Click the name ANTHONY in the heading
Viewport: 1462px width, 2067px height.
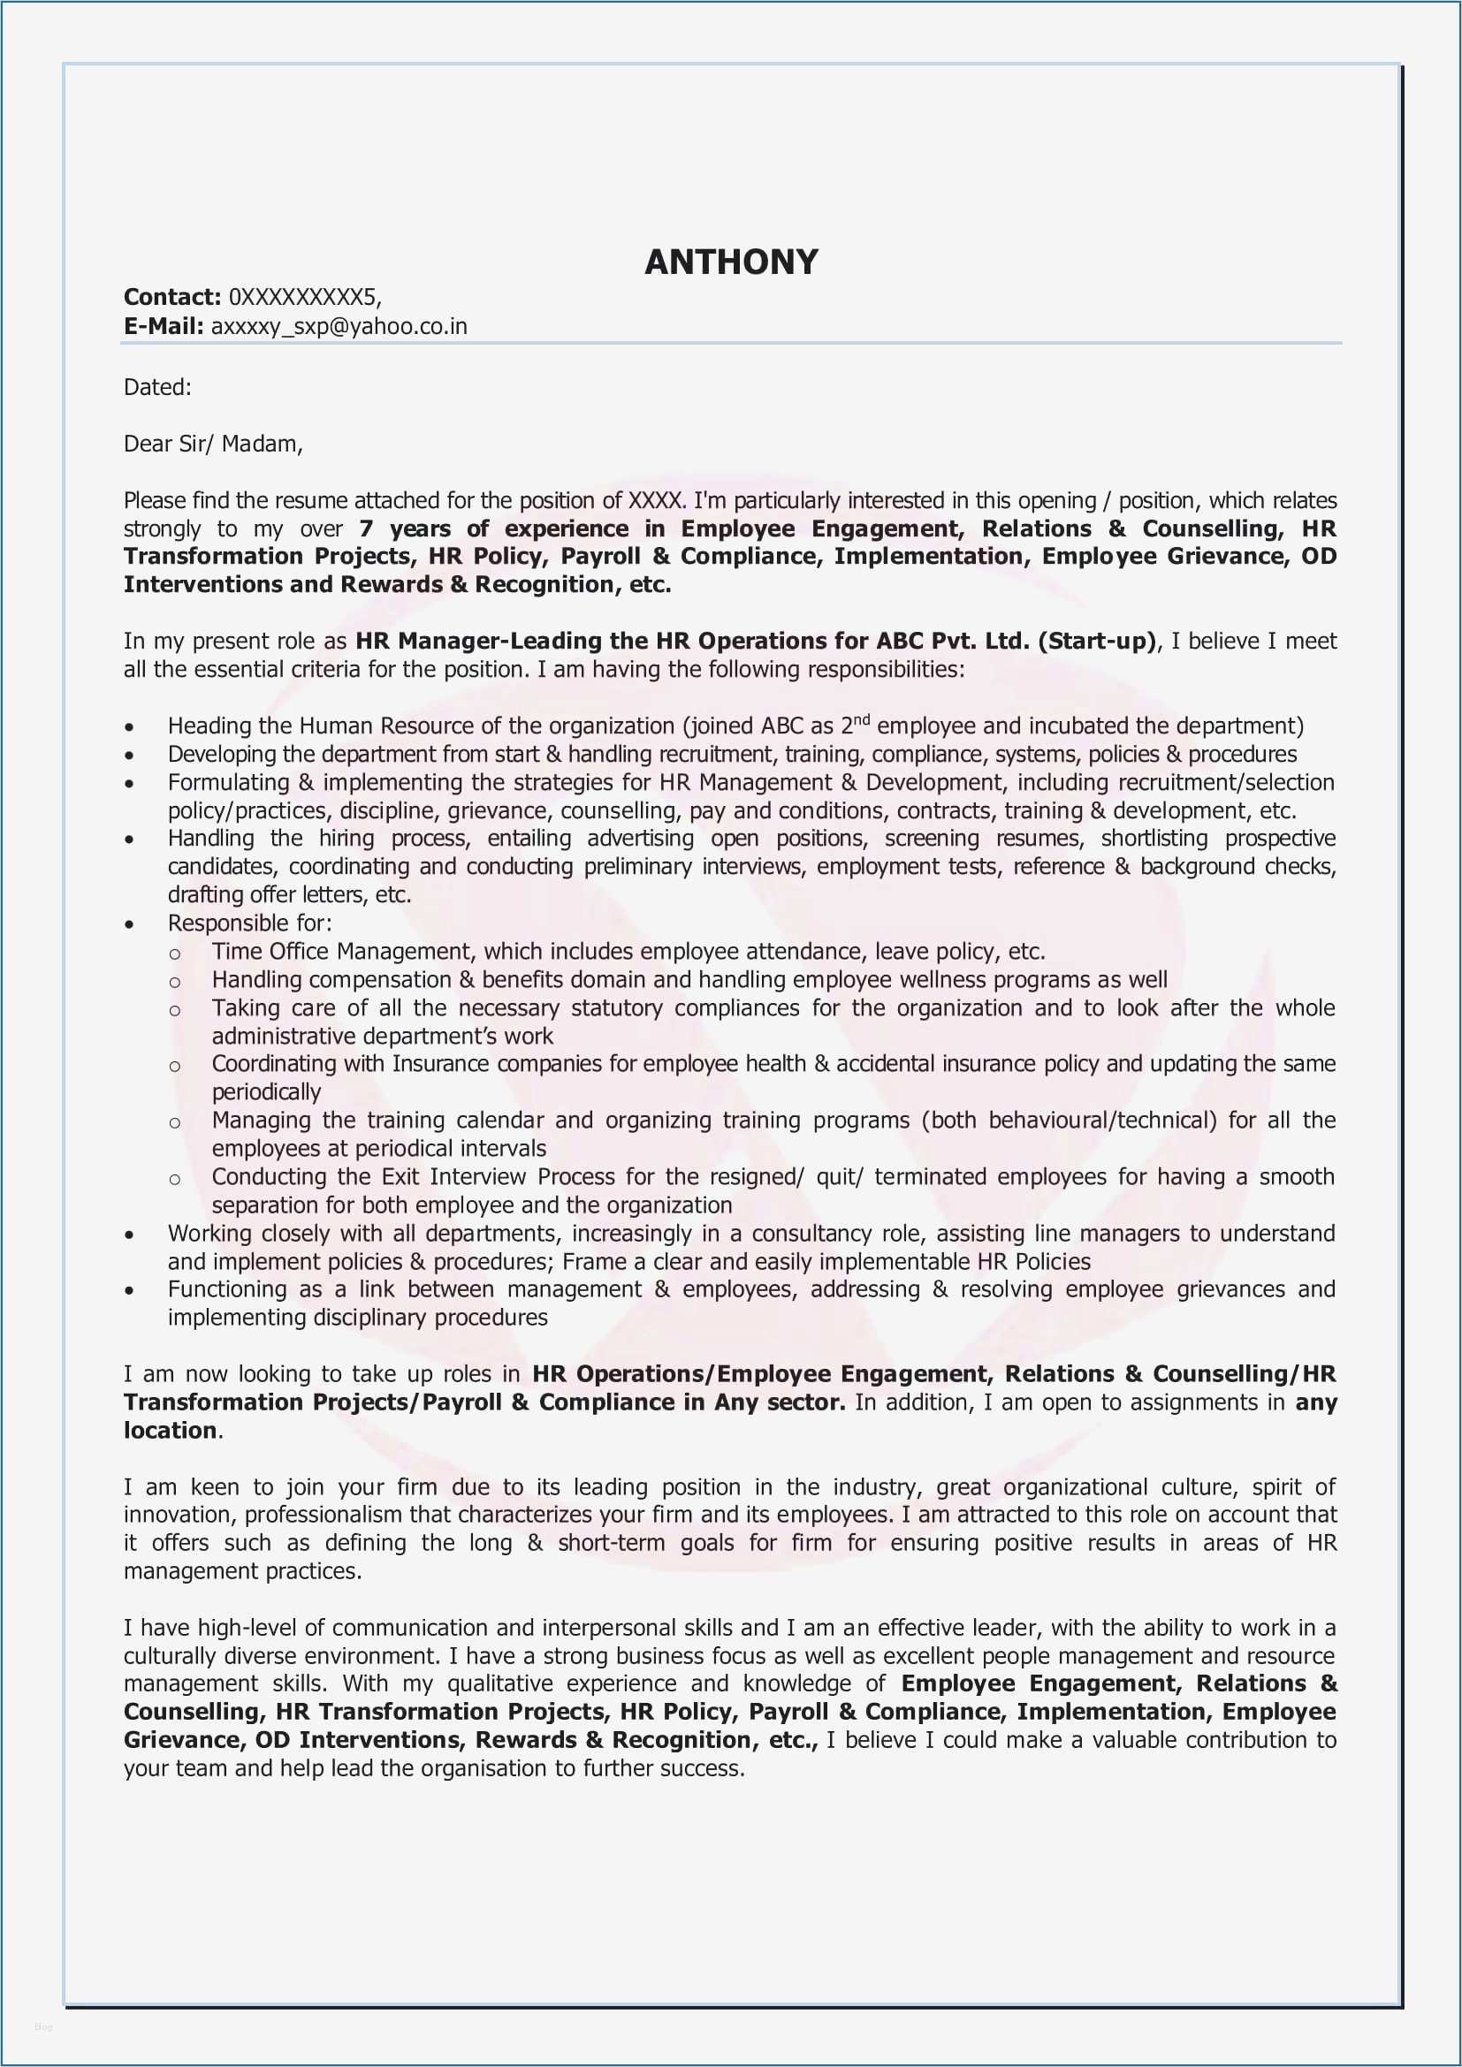point(731,262)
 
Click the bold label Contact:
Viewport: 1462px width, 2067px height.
point(172,297)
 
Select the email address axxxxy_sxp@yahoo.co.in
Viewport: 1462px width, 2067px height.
point(339,327)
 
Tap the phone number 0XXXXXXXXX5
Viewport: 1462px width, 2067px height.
point(303,297)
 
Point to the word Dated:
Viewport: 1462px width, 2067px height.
point(157,388)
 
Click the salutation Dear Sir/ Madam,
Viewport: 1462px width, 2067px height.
point(213,444)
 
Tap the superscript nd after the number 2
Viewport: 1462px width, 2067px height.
point(862,719)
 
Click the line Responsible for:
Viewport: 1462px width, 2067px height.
point(249,923)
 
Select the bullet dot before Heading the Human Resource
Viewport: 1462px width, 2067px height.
point(131,727)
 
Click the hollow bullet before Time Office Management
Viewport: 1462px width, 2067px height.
point(175,954)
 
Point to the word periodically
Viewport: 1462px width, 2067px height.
point(266,1092)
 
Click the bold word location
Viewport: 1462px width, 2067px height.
point(170,1431)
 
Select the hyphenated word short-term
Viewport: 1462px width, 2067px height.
point(612,1542)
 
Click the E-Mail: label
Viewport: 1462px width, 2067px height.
point(164,327)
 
